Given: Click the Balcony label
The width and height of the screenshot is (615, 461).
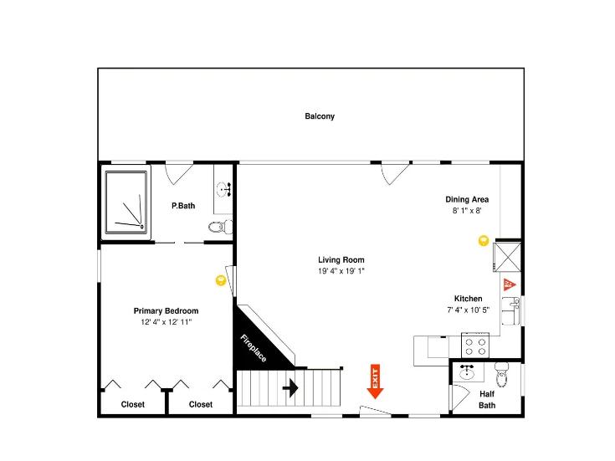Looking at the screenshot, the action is click(x=320, y=116).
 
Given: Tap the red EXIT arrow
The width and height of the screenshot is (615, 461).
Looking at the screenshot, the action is click(x=375, y=382).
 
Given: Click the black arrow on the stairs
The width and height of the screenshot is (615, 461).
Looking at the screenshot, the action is click(x=290, y=388).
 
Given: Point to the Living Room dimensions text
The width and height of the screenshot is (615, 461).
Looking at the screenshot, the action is click(x=341, y=271).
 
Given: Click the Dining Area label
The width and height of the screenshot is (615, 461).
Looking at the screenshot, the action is click(x=467, y=199).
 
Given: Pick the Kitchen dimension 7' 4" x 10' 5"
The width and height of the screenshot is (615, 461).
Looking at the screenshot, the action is click(x=469, y=310).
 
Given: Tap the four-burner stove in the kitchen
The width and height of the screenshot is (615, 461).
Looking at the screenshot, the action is click(x=475, y=345).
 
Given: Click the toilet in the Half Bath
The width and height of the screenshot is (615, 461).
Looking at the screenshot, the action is click(x=502, y=374).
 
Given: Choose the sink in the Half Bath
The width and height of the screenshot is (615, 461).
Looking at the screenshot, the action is click(x=467, y=371).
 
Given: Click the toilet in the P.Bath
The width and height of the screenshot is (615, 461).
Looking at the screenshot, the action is click(x=220, y=227).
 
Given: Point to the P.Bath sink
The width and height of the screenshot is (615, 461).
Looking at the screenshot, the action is click(x=223, y=190).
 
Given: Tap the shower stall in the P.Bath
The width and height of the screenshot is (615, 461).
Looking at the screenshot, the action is click(x=126, y=202).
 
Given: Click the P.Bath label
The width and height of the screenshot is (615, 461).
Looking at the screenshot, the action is click(x=183, y=206).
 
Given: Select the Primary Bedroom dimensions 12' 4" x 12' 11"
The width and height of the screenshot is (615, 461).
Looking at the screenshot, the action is click(x=167, y=322).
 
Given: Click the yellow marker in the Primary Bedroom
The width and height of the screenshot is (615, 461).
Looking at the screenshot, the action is click(x=221, y=280).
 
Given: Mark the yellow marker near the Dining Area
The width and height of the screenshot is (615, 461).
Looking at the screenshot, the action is click(x=484, y=240).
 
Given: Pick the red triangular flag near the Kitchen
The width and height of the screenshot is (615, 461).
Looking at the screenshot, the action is click(x=509, y=284).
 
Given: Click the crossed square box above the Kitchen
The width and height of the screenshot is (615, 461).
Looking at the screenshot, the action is click(x=507, y=257).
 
